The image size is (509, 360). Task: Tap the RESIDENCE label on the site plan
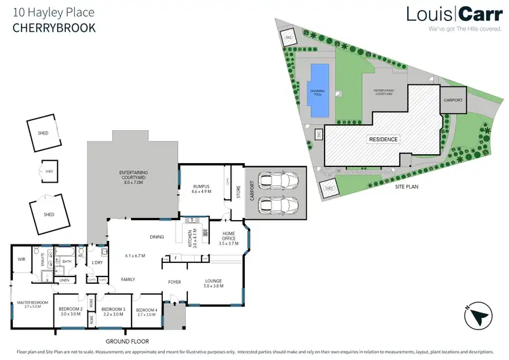click(x=383, y=139)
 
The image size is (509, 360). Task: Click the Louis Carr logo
click(x=449, y=16)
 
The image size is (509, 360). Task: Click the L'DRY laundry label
click(x=97, y=262)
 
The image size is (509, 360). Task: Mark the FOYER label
click(x=175, y=281)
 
